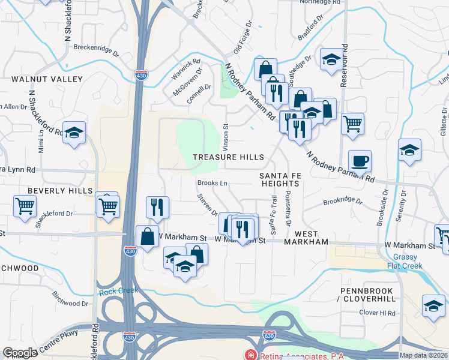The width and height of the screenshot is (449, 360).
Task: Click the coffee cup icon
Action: coord(360,161)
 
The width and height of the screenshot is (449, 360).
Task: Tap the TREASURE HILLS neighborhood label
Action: coord(228,157)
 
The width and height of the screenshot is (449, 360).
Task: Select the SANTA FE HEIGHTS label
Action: coord(279,179)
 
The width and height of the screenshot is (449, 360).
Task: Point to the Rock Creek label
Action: coord(118,290)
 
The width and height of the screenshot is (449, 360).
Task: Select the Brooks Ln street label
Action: coord(212,183)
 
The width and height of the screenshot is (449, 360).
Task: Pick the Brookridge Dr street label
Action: coord(343,202)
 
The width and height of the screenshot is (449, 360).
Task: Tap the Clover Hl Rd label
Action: coord(377,313)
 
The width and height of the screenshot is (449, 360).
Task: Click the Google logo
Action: coord(20,353)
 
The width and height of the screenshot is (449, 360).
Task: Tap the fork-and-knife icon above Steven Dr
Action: coord(157,207)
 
